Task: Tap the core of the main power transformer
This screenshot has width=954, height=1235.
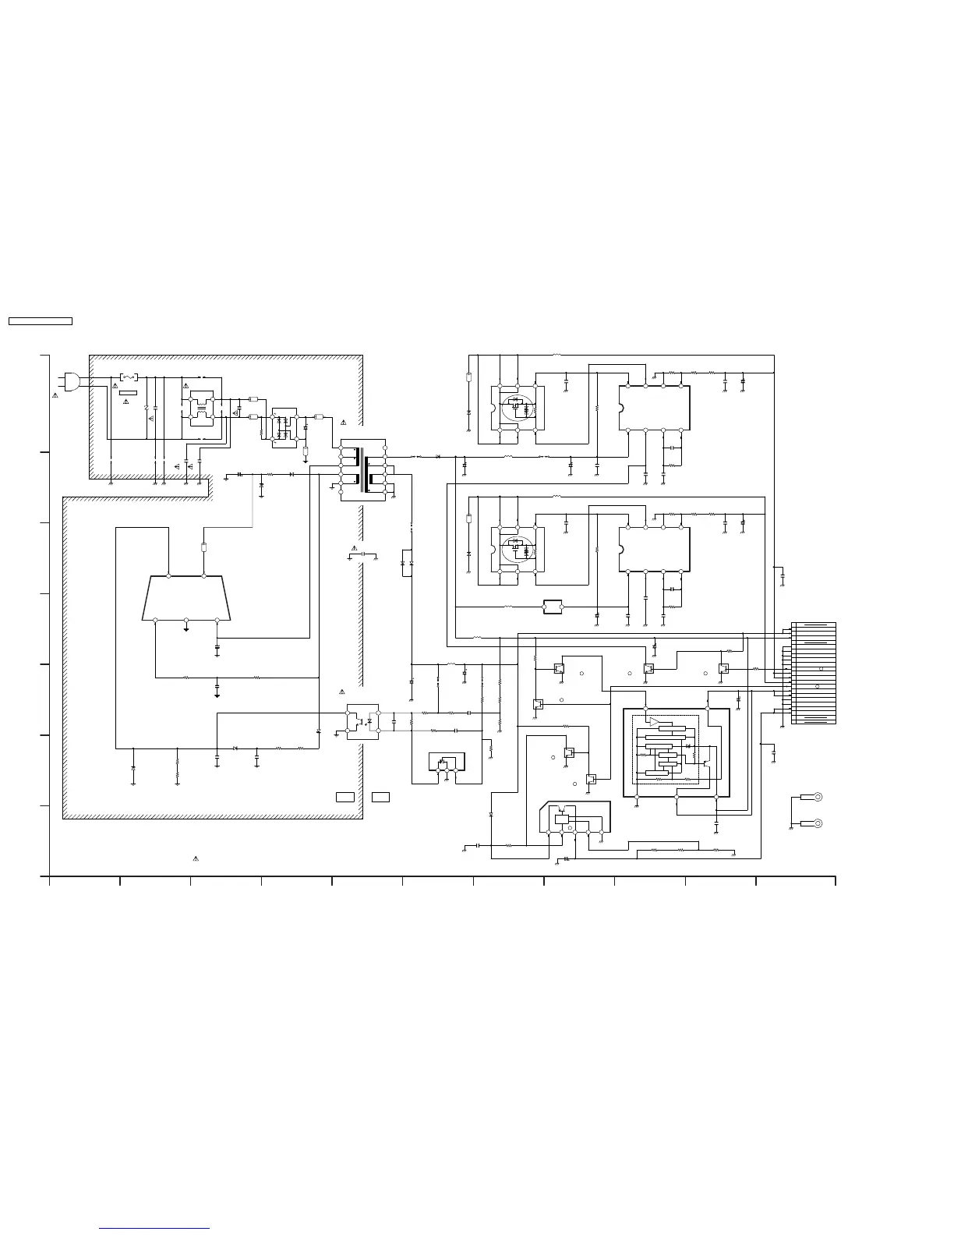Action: click(x=364, y=469)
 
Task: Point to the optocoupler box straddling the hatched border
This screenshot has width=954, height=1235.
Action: click(x=362, y=722)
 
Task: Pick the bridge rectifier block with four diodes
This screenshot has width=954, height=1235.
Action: click(x=284, y=426)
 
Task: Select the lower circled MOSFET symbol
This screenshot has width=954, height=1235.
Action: click(x=515, y=549)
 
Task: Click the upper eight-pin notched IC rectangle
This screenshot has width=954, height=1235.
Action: click(x=654, y=408)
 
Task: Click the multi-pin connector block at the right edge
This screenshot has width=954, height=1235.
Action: click(x=813, y=673)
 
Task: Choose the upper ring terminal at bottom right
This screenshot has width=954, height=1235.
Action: click(x=818, y=797)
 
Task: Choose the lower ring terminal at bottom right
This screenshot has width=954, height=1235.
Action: click(x=818, y=823)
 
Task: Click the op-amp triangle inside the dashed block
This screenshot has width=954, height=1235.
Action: click(x=654, y=721)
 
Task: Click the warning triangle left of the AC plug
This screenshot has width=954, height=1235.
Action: click(x=55, y=396)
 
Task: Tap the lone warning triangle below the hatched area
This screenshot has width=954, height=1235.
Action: click(x=196, y=858)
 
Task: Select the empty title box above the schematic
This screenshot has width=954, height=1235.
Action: click(x=40, y=320)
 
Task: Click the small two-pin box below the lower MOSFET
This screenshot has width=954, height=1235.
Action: click(x=553, y=607)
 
